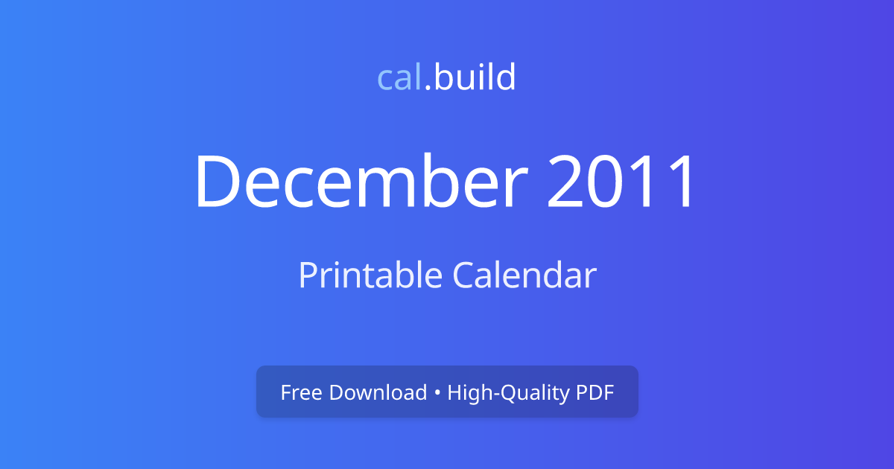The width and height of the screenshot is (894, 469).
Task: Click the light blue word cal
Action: pyautogui.click(x=400, y=77)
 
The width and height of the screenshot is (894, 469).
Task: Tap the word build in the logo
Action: pyautogui.click(x=475, y=77)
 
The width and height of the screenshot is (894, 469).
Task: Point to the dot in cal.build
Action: pyautogui.click(x=428, y=89)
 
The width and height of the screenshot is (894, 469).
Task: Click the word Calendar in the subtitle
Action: pyautogui.click(x=524, y=275)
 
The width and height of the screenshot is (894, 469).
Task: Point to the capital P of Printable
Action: pyautogui.click(x=307, y=275)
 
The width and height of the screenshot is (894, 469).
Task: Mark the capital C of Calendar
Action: pyautogui.click(x=463, y=275)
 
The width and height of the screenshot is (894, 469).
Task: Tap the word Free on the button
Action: pyautogui.click(x=301, y=392)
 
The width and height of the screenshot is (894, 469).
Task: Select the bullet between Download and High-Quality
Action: pyautogui.click(x=437, y=393)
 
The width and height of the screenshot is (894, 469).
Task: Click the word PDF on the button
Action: pyautogui.click(x=595, y=392)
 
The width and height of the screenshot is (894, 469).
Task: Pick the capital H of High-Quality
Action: pyautogui.click(x=453, y=392)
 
